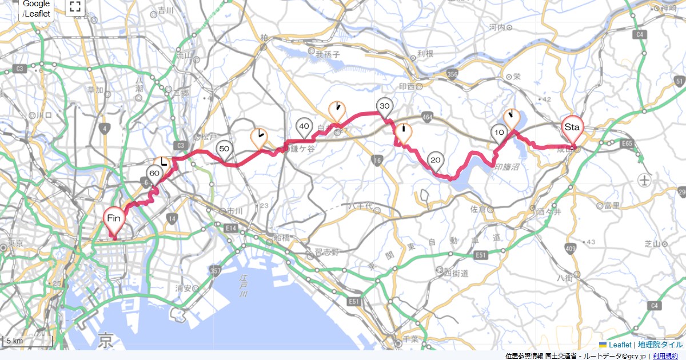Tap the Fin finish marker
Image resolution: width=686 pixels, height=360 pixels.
point(114,219)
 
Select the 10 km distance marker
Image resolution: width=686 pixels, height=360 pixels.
point(498,133)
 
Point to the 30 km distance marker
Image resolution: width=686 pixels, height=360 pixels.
point(384,107)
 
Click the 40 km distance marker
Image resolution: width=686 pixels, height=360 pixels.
point(304,127)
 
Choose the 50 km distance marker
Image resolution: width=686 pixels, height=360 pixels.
point(224,150)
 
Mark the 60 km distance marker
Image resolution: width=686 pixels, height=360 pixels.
point(154,173)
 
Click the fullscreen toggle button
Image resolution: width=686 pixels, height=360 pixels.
point(75,7)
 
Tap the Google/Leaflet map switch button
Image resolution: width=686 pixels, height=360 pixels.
point(37,9)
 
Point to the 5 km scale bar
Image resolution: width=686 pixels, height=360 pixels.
point(27,341)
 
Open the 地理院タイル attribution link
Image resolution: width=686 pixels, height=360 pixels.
point(660,345)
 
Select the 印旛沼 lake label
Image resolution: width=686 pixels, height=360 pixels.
point(506,168)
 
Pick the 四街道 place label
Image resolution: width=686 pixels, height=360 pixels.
point(456,273)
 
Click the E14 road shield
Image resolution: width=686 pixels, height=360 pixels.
point(230,228)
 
